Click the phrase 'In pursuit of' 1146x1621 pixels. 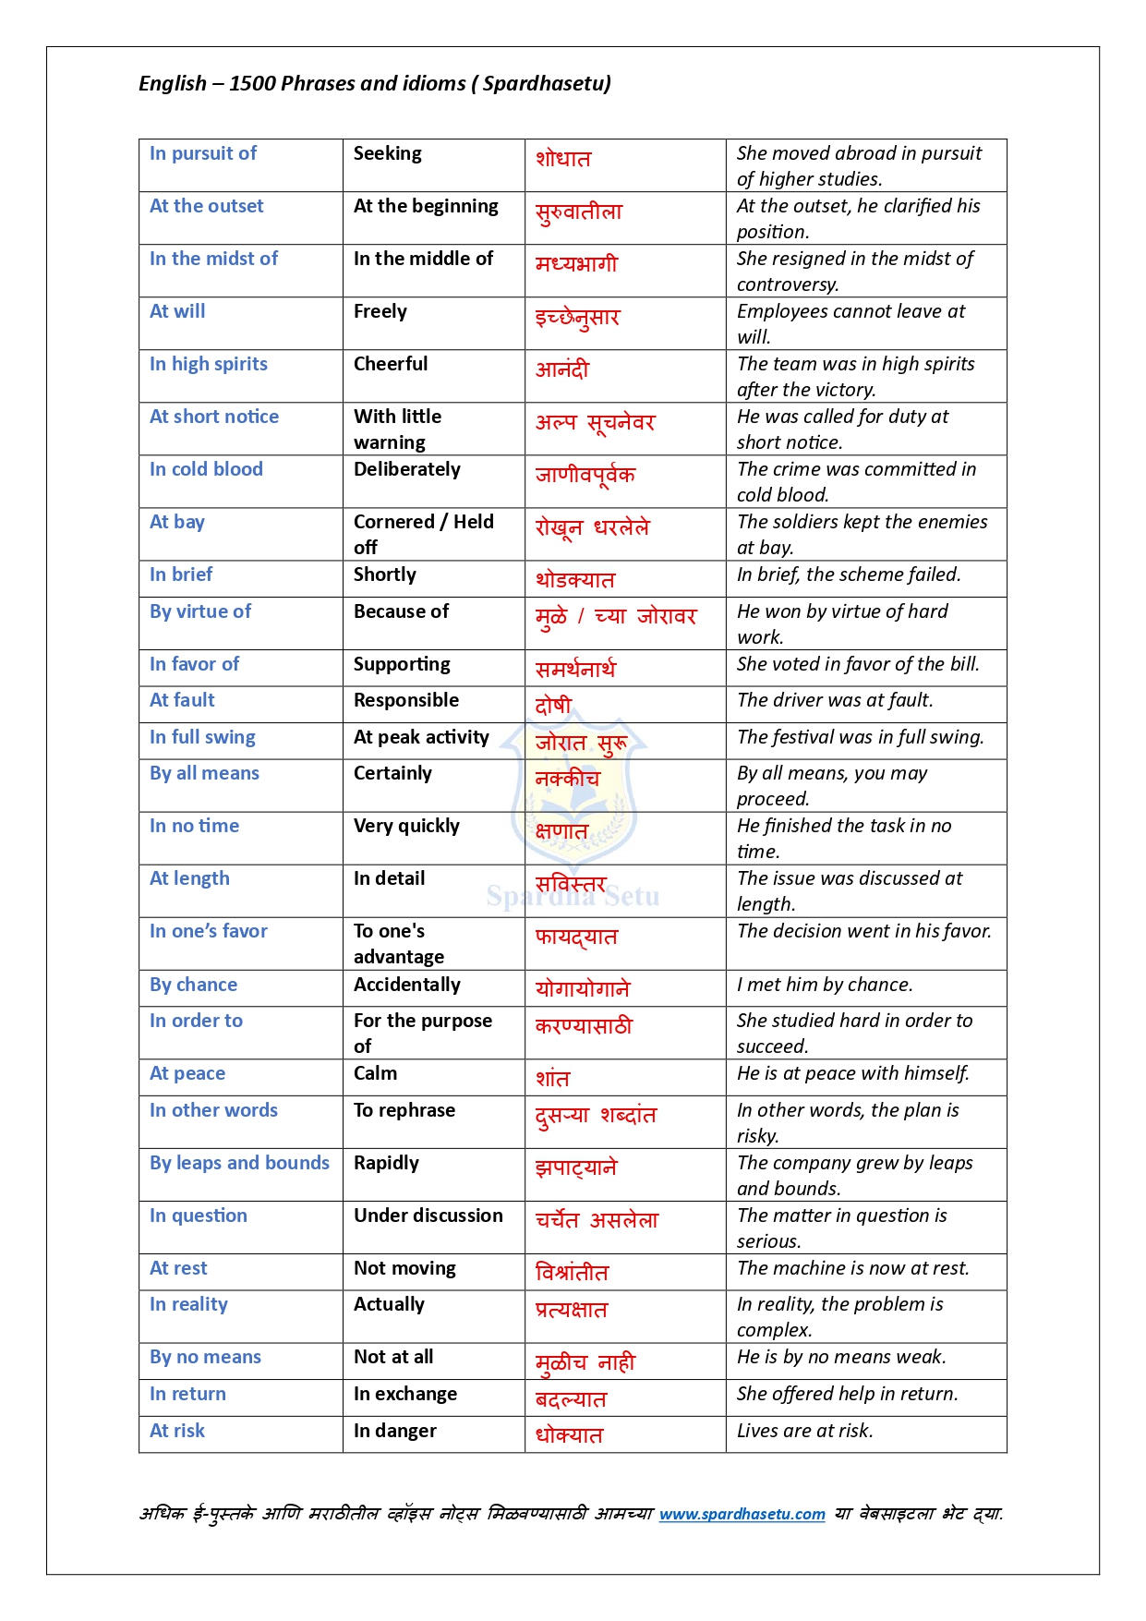point(203,153)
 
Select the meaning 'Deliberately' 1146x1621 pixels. point(406,469)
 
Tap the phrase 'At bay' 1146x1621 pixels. point(177,522)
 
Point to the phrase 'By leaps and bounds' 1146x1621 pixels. point(239,1163)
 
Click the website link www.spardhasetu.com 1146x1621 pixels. point(742,1514)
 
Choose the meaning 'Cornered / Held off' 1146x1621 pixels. point(423,534)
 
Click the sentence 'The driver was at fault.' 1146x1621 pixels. point(835,700)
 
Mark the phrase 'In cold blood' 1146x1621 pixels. point(206,469)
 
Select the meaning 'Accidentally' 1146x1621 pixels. point(406,985)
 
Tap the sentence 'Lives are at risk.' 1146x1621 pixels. point(804,1431)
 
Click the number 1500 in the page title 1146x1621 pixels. point(252,83)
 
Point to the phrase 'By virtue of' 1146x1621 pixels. point(200,611)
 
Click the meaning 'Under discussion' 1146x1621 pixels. point(428,1216)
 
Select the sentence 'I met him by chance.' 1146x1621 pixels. point(825,985)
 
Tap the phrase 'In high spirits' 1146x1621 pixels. point(209,364)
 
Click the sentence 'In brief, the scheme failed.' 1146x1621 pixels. point(849,575)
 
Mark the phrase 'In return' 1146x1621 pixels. point(187,1394)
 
